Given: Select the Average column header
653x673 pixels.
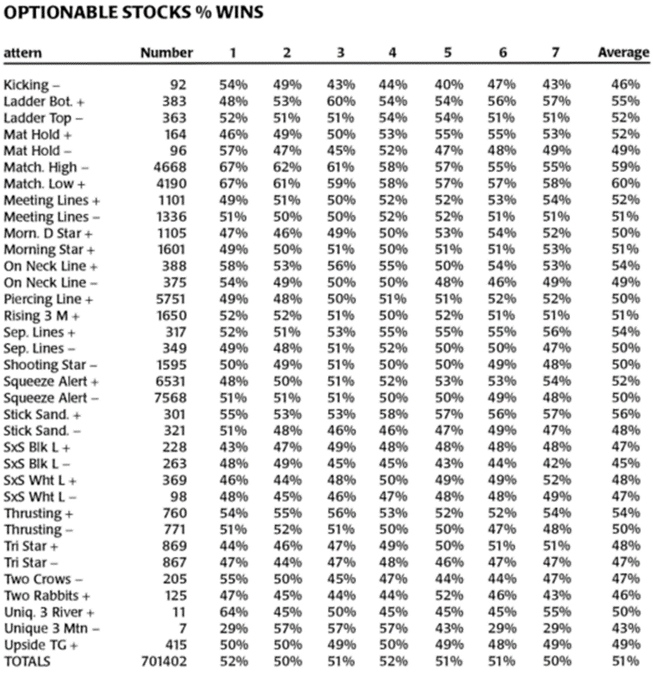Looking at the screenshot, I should point(624,53).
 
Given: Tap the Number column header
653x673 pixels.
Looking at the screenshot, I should point(166,53).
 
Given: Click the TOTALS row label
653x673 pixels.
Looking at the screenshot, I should point(27,661).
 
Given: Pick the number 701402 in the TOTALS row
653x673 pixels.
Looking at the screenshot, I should point(163,661).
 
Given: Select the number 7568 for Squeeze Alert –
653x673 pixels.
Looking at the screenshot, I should point(170,397).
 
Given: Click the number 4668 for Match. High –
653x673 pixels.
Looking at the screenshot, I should point(170,167).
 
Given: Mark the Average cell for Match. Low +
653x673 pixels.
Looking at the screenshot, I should point(625,183).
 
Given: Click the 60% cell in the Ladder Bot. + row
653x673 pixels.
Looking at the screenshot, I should point(339,101).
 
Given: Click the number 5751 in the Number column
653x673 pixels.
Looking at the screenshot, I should point(170,299).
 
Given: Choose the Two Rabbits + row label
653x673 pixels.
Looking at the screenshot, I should point(46,595).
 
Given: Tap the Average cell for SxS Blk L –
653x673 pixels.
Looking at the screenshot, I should point(625,464).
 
